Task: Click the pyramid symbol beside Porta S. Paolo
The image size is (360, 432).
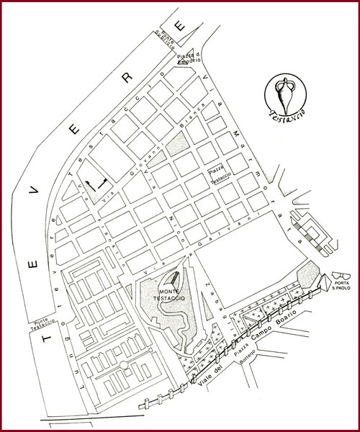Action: (323, 280)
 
